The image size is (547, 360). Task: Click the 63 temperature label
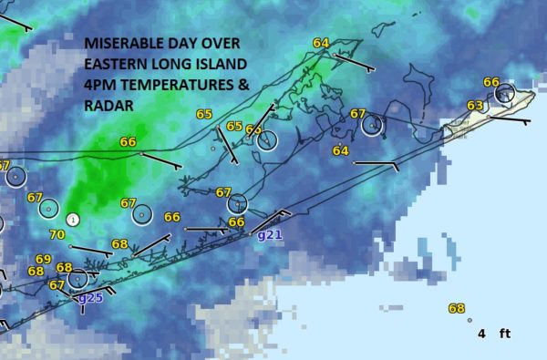pyautogui.click(x=474, y=106)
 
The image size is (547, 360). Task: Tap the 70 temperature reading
pyautogui.click(x=57, y=235)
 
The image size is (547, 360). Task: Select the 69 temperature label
pyautogui.click(x=44, y=260)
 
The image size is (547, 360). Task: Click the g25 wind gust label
pyautogui.click(x=90, y=297)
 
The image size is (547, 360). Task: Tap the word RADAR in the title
pyautogui.click(x=108, y=106)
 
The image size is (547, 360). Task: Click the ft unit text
pyautogui.click(x=504, y=334)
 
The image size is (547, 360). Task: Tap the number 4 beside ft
pyautogui.click(x=481, y=334)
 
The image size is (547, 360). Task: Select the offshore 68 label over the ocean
pyautogui.click(x=456, y=308)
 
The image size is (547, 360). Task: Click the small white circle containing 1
pyautogui.click(x=73, y=220)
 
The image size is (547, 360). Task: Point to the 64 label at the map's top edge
pyautogui.click(x=321, y=43)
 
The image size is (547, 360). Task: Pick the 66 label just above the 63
pyautogui.click(x=490, y=83)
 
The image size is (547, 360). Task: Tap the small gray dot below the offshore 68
pyautogui.click(x=469, y=320)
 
